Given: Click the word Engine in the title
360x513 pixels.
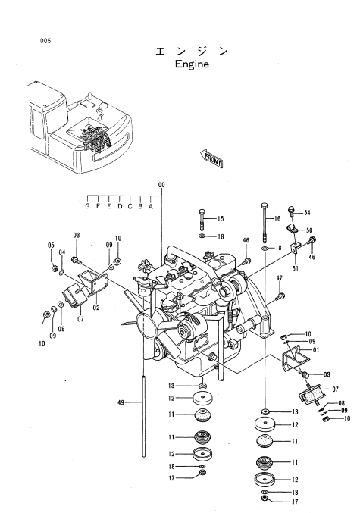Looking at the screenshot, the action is coord(192,64).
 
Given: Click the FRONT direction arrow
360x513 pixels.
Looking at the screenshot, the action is coord(211,158).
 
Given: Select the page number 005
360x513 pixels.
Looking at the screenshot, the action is coord(45,41).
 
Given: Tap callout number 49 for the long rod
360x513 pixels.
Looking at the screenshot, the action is coord(121,402).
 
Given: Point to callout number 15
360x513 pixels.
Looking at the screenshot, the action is coord(221,218).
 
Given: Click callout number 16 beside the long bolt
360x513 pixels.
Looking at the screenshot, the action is coord(277,218).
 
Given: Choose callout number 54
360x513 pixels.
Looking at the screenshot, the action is coord(307,213).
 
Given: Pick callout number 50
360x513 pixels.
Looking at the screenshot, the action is coord(309,230).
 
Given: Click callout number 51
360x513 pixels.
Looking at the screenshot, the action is coord(296,268).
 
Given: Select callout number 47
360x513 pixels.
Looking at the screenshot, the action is coord(279,278).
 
